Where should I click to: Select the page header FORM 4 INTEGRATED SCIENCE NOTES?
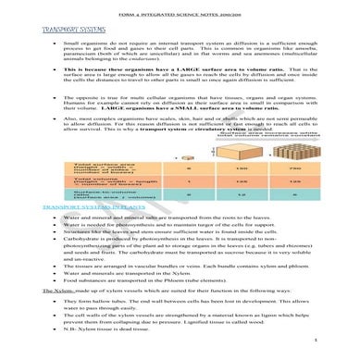click(x=180, y=8)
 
